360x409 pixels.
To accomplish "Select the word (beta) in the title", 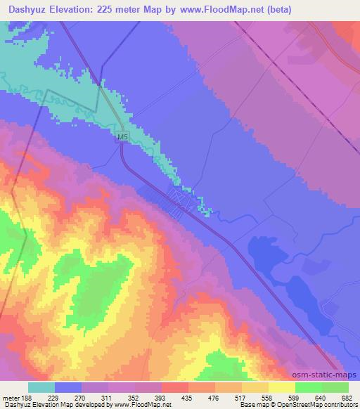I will tap(276, 10).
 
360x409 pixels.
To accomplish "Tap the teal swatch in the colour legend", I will tap(41, 387).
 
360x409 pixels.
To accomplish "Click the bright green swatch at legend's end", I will tap(335, 387).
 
